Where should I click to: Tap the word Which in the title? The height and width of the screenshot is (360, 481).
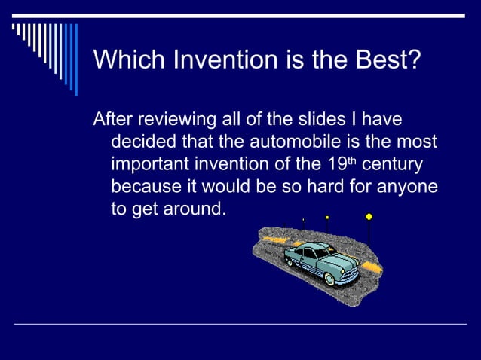point(129,59)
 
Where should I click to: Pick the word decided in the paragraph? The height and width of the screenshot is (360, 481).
point(143,142)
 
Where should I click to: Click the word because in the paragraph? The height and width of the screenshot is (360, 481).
point(146,186)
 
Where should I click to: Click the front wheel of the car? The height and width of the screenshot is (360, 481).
point(329,279)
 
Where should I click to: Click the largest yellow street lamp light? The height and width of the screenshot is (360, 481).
point(369,217)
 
